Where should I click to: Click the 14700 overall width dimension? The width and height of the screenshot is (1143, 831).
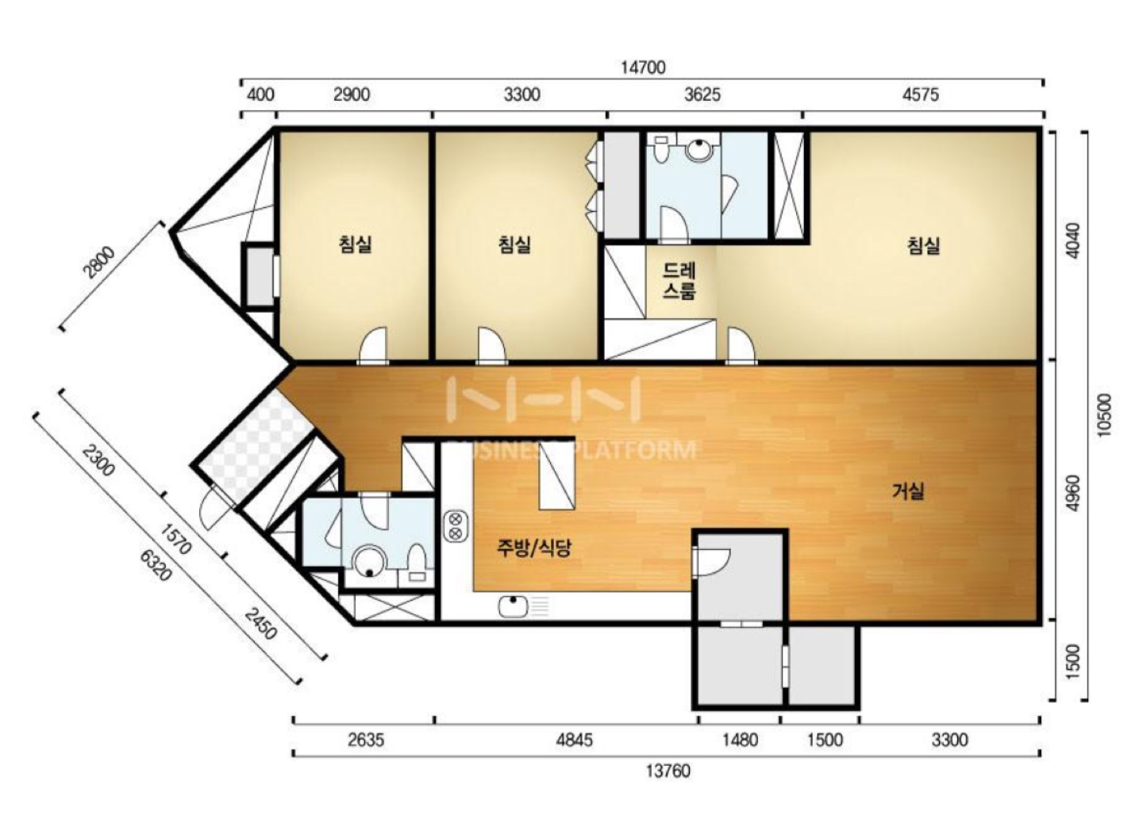(643, 67)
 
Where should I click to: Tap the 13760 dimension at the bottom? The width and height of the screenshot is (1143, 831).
(668, 771)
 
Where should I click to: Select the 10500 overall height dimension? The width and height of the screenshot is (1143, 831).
(1103, 415)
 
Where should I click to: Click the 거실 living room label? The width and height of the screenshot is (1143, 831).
(909, 491)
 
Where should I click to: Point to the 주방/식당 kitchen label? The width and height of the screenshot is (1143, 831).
(533, 548)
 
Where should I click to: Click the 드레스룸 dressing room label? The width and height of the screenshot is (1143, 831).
(679, 281)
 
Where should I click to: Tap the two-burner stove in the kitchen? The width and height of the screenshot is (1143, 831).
(456, 526)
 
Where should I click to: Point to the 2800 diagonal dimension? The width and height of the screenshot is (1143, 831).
(100, 262)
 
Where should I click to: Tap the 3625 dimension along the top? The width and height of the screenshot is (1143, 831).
(702, 95)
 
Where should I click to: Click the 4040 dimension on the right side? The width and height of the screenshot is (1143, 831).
(1074, 240)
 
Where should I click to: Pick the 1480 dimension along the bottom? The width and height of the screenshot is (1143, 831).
(740, 740)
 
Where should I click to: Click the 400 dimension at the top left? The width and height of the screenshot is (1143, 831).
(260, 95)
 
